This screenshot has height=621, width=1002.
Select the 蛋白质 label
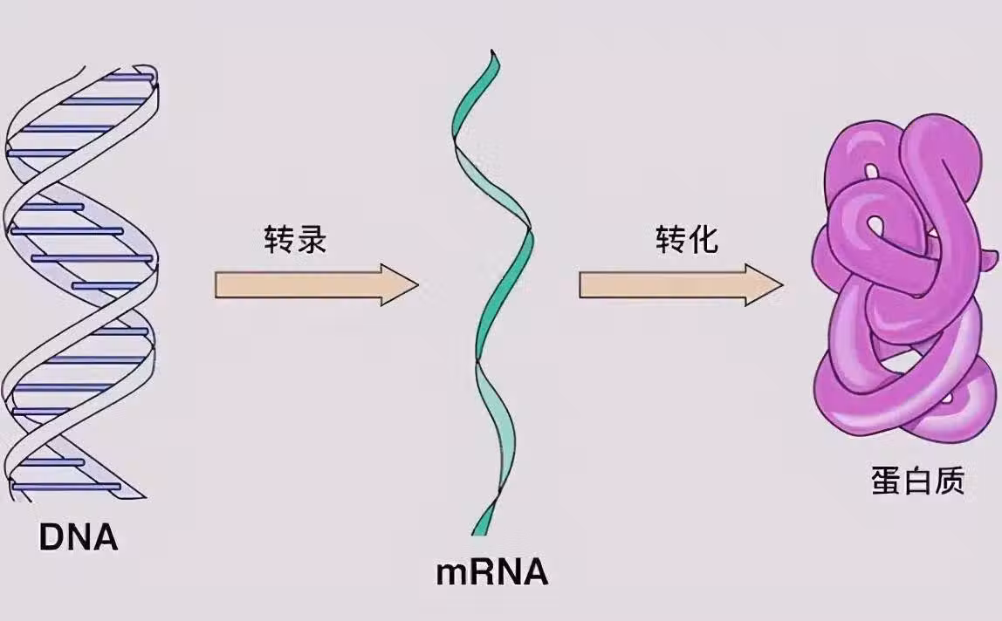point(916,481)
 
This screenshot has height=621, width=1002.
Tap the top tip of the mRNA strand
point(494,54)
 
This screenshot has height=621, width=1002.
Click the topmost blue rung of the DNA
point(127,77)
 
